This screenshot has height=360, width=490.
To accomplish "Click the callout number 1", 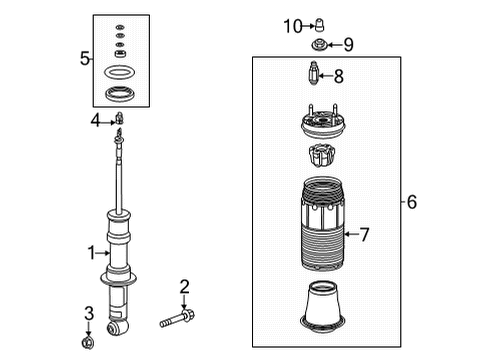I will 90,253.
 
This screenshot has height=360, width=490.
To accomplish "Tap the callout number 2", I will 184,288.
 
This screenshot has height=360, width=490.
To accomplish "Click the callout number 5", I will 85,60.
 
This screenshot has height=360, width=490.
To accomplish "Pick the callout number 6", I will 412,202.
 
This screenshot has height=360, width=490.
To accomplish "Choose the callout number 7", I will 365,235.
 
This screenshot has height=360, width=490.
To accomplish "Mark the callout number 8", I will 338,75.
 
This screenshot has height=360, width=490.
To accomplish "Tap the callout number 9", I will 348,44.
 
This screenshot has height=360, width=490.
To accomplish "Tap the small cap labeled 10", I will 320,24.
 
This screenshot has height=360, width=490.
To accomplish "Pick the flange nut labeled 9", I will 319,44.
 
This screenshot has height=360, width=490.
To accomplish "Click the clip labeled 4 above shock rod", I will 119,122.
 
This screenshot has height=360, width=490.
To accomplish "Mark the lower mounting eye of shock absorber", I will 117,325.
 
